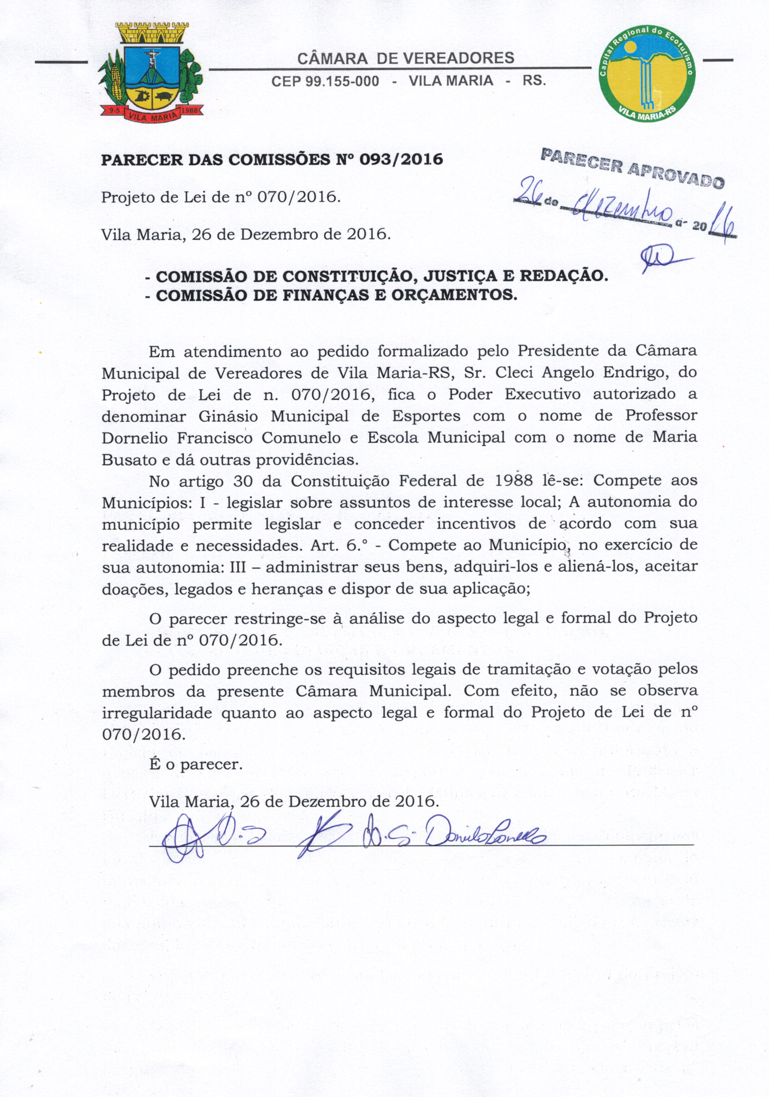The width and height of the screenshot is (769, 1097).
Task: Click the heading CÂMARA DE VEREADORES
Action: (405, 58)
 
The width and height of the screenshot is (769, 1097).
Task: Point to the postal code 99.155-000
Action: (342, 81)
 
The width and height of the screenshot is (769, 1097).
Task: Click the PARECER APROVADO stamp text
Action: (632, 168)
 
